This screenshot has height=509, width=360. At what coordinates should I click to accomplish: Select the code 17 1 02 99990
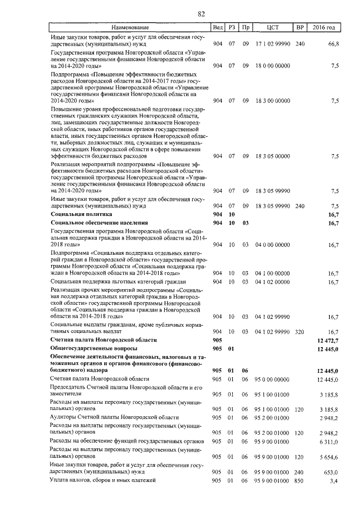(273, 43)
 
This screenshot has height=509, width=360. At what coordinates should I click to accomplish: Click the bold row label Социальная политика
(81, 214)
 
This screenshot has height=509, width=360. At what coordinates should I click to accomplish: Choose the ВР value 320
(299, 332)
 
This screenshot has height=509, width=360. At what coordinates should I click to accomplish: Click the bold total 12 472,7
(327, 340)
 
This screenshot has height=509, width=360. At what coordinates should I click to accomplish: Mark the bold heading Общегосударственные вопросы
(91, 349)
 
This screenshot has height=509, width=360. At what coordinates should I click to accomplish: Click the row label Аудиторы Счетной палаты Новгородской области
(114, 417)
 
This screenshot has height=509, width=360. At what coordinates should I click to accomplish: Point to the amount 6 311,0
(328, 442)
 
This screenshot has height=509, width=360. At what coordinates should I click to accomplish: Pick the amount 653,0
(331, 473)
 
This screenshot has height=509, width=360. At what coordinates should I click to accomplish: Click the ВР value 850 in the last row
(299, 481)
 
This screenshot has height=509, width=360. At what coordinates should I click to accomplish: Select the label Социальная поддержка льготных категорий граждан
(118, 281)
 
